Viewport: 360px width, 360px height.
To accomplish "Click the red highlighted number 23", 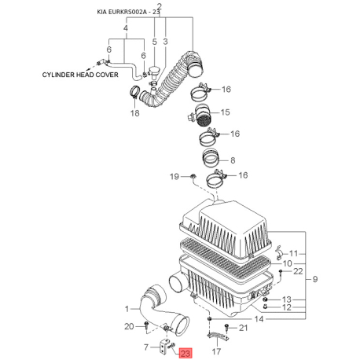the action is click(186, 353).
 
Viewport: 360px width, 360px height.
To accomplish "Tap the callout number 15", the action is click(225, 112).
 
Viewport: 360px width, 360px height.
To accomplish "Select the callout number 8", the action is click(233, 160).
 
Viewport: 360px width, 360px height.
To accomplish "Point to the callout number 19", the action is click(174, 176).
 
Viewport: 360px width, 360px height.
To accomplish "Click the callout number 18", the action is click(135, 113).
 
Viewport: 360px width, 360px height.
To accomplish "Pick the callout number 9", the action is click(315, 279).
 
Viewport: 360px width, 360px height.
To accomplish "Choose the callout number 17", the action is click(216, 351).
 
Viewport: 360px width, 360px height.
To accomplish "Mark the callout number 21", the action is click(243, 328).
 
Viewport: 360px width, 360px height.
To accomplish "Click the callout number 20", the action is click(129, 326).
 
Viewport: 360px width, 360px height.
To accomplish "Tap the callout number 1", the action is click(127, 309).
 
